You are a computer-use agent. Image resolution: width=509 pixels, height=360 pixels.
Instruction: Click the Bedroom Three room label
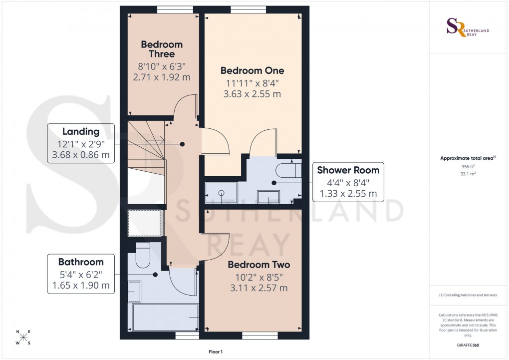click(162, 49)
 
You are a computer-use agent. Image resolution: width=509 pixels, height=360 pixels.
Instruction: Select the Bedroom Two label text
click(258, 265)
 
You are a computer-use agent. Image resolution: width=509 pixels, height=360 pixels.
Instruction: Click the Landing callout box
click(81, 144)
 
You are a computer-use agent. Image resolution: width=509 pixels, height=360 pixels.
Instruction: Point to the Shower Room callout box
click(348, 182)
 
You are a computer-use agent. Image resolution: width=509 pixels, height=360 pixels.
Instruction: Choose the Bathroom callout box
click(81, 274)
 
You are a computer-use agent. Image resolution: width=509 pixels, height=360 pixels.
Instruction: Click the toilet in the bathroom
click(143, 254)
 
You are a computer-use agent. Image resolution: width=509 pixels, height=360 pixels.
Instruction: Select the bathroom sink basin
click(135, 291)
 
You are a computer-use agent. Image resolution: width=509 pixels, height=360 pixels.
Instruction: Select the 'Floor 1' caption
click(216, 352)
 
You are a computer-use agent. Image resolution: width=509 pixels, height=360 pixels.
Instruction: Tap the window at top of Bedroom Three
click(175, 8)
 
